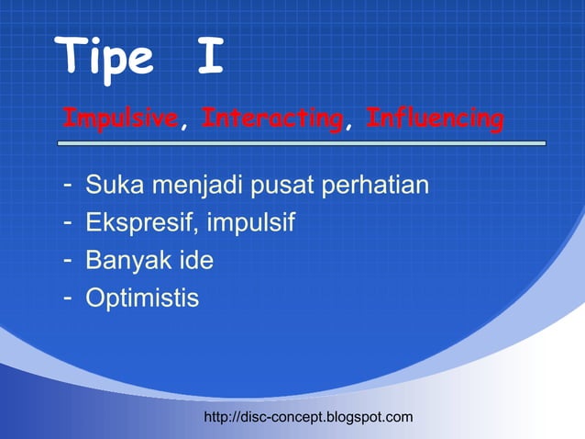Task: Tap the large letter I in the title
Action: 210,57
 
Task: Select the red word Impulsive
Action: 119,119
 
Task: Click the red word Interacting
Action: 271,119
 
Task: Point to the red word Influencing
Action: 435,119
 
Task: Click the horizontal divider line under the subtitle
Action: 302,143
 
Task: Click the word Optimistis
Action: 142,298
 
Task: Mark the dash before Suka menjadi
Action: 67,186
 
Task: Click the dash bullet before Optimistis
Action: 67,298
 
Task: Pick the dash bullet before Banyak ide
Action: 67,260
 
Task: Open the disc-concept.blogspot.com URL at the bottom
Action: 308,418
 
